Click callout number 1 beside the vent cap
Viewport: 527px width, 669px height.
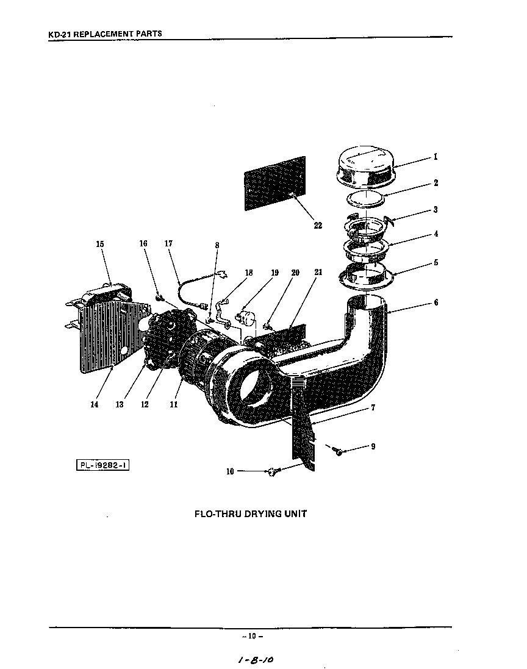(436, 156)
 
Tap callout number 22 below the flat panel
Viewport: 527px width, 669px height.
(318, 225)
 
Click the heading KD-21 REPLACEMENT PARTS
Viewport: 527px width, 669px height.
(105, 34)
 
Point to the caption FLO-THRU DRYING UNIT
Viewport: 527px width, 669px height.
(250, 513)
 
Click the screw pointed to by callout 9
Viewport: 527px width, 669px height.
(337, 451)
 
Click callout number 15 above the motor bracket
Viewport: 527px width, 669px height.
(100, 244)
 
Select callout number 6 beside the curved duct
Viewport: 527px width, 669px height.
(436, 302)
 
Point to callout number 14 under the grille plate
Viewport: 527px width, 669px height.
(94, 404)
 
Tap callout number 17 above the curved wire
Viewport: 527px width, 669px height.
(169, 244)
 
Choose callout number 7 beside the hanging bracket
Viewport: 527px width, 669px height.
(373, 408)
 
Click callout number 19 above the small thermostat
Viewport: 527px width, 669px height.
(274, 273)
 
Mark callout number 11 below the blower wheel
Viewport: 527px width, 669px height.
(173, 404)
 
